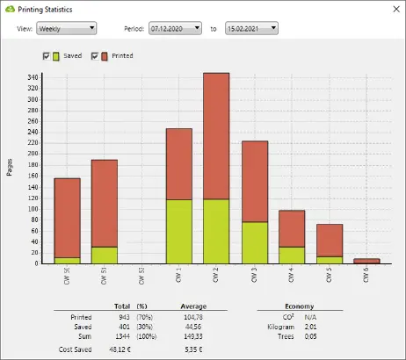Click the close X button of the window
(392, 9)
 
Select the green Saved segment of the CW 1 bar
(179, 231)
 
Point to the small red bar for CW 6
(367, 261)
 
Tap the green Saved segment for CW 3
(255, 242)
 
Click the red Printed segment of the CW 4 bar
(292, 228)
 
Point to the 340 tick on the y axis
(33, 77)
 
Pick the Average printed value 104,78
(192, 316)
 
